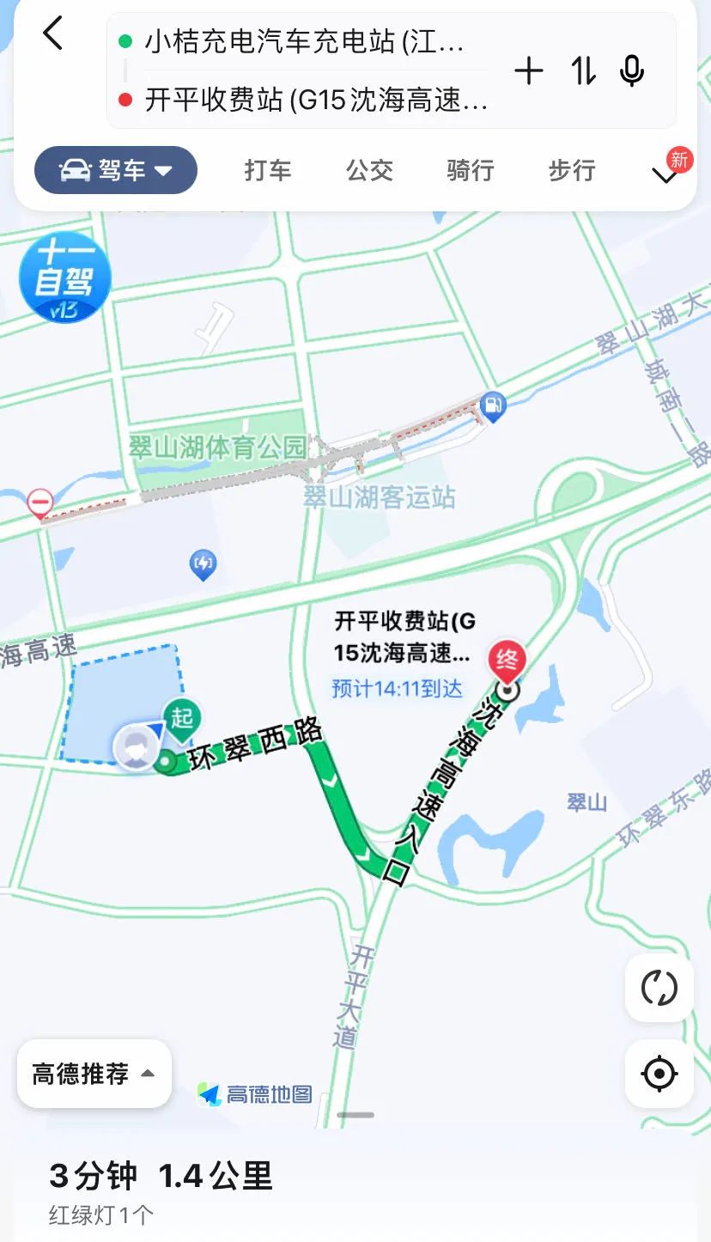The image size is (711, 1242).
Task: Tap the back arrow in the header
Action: pos(53,34)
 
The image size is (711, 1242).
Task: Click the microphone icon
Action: pos(632,71)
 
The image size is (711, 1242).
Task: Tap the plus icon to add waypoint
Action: pos(529,71)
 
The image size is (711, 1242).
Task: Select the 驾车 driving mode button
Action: pos(116,170)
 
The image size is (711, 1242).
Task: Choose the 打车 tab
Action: pos(268,170)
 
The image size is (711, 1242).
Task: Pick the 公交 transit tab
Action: pos(369,170)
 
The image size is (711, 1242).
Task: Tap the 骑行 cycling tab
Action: pos(471,170)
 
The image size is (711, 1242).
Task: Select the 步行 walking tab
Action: pos(572,170)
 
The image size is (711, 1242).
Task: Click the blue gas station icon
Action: pos(493,404)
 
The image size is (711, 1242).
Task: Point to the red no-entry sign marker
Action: pos(39,502)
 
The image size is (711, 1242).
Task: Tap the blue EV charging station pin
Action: pos(203,564)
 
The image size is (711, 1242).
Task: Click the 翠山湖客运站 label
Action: pos(380,497)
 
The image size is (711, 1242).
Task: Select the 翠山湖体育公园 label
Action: pos(216,447)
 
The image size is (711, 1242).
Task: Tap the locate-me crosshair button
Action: pos(659,1074)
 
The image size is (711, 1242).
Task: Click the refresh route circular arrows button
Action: pos(659,988)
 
